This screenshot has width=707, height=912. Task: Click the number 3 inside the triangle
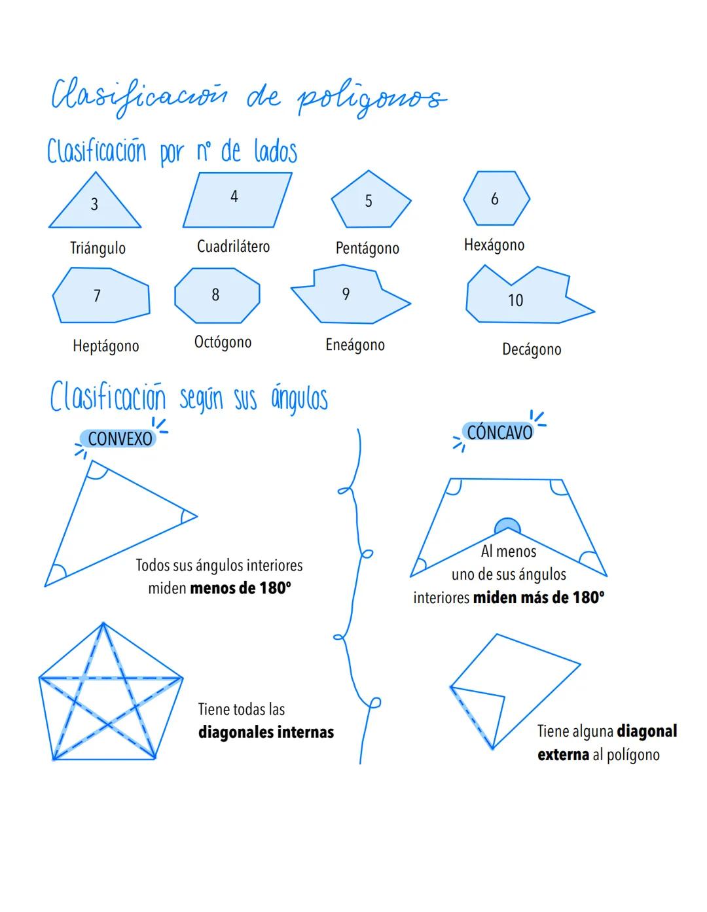(94, 204)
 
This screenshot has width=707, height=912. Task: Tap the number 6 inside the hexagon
(495, 198)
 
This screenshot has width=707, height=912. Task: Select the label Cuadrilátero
(233, 247)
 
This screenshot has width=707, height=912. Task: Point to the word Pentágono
(367, 248)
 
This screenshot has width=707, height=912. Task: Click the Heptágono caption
(106, 345)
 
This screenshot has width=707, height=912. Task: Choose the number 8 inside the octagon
(215, 294)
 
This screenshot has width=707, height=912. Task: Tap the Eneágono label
(355, 345)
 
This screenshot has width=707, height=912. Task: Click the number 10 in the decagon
(516, 300)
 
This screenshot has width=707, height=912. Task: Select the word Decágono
(532, 349)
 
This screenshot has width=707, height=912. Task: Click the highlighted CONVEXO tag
(120, 438)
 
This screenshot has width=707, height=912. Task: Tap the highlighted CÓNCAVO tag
(499, 432)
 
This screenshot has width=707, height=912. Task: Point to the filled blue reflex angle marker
(507, 526)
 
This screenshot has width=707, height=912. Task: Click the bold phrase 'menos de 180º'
(240, 588)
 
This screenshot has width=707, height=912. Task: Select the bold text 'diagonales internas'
(266, 732)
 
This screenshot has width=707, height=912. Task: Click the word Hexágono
(494, 245)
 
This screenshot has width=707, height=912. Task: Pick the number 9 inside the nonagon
(346, 294)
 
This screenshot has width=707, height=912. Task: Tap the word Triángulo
(98, 248)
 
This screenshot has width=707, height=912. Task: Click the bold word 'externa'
(563, 754)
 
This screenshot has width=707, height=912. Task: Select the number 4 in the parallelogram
(234, 196)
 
